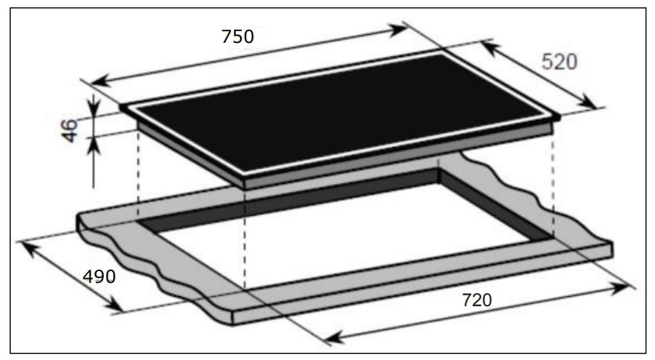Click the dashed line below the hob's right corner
554,179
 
